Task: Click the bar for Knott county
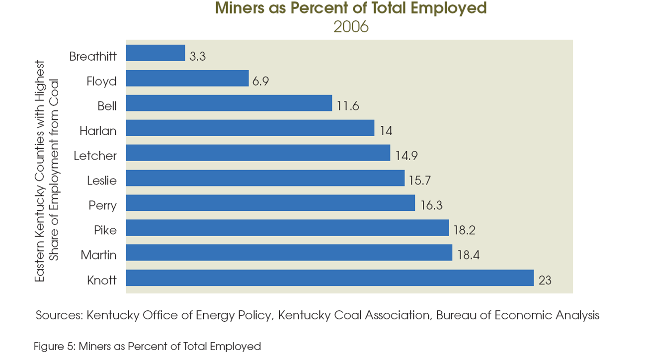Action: [330, 278]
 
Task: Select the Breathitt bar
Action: [156, 53]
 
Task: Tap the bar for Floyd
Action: [187, 78]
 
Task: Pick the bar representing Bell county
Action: [229, 103]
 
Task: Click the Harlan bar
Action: [250, 128]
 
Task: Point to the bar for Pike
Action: [287, 228]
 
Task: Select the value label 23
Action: [545, 280]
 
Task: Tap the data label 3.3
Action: [197, 56]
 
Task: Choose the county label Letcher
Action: [95, 156]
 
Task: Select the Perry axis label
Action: [102, 205]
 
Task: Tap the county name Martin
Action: [99, 256]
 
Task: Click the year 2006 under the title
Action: [351, 26]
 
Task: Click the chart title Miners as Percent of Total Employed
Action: [351, 9]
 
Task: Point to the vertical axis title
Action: [47, 172]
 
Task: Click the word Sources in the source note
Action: [59, 315]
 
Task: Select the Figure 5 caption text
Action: [148, 346]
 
